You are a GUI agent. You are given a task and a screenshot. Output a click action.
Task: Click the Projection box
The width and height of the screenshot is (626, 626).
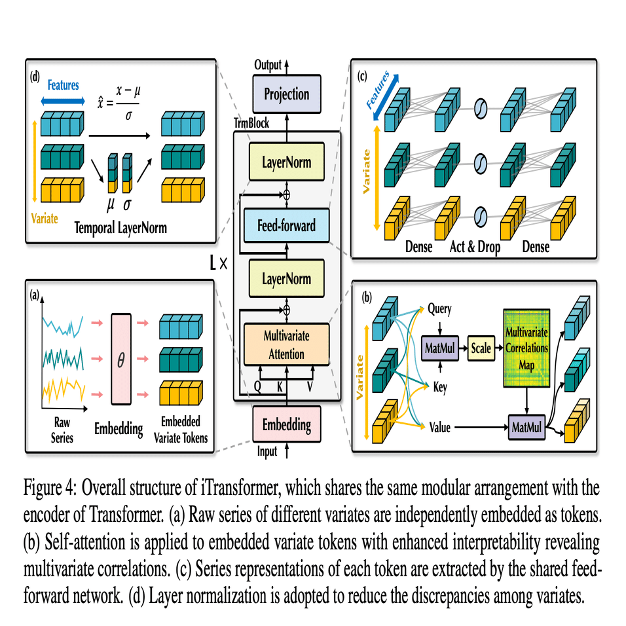coord(286,94)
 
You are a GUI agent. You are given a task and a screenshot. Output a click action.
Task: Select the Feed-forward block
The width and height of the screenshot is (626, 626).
coord(286,226)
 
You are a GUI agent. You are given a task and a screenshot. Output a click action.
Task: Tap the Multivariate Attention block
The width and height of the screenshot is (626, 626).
coord(286,344)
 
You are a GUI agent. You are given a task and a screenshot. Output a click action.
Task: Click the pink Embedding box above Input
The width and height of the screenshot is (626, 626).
coord(286,424)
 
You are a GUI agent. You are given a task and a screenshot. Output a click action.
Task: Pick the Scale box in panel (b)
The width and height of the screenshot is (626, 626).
coord(481,348)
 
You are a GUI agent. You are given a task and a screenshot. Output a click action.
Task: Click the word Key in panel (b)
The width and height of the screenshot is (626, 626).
coord(440,388)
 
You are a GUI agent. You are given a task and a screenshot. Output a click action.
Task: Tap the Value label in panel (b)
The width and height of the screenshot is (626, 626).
coord(439,428)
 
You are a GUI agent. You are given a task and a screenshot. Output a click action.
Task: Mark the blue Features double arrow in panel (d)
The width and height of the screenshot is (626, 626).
coord(63,101)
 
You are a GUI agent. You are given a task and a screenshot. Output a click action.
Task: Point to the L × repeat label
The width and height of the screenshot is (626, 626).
coord(218,264)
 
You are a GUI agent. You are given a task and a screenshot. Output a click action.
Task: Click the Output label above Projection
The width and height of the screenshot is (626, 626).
coord(268,65)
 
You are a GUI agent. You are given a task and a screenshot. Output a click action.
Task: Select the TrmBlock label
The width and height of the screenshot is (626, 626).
coord(251,123)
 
